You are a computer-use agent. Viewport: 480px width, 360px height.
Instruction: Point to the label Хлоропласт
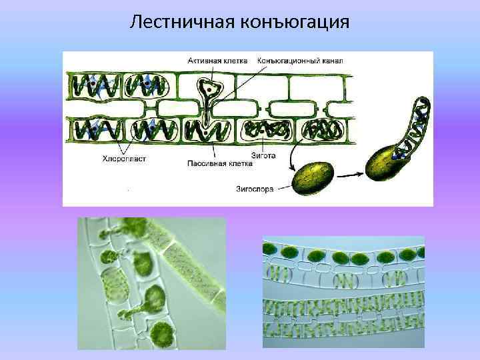[x=125, y=159]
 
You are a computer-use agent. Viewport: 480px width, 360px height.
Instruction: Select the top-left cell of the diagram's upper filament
[x=94, y=85]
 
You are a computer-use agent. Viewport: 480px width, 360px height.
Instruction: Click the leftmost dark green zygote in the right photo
[x=271, y=251]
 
